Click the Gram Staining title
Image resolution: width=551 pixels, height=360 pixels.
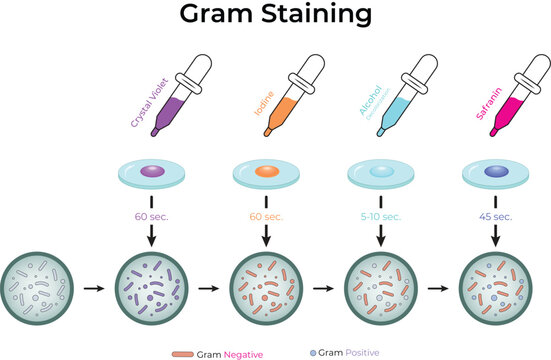[x=275, y=15]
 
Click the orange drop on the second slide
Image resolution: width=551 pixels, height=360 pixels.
[x=266, y=172]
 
